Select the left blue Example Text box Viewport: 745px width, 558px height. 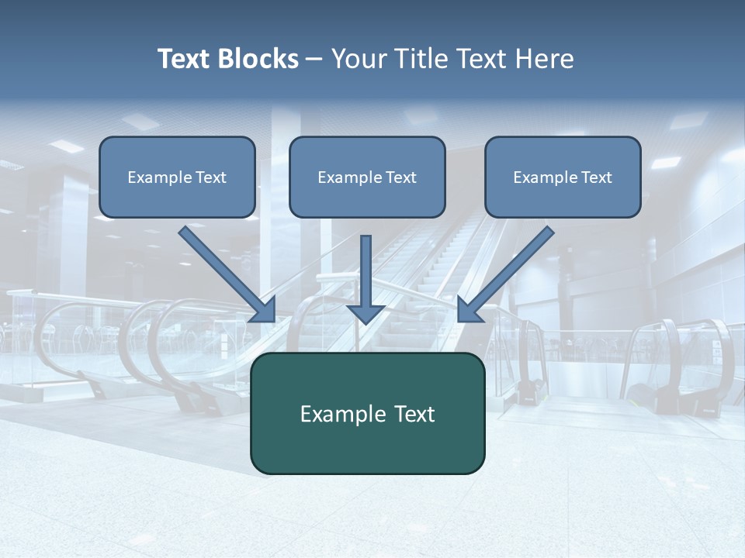click(x=177, y=177)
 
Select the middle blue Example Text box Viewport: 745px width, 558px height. click(x=367, y=177)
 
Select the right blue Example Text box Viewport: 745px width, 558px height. click(x=563, y=177)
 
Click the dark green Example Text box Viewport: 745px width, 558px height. click(x=367, y=413)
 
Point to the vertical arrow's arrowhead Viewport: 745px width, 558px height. click(x=366, y=313)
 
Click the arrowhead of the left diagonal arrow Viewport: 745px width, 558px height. click(x=264, y=310)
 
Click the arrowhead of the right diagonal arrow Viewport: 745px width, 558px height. click(x=469, y=310)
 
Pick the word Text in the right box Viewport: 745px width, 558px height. click(x=596, y=177)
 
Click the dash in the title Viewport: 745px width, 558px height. click(x=314, y=60)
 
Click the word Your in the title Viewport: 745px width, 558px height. click(x=359, y=59)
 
